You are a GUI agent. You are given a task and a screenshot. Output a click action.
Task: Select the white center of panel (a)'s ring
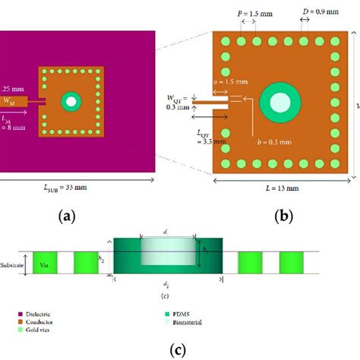(71, 100)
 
